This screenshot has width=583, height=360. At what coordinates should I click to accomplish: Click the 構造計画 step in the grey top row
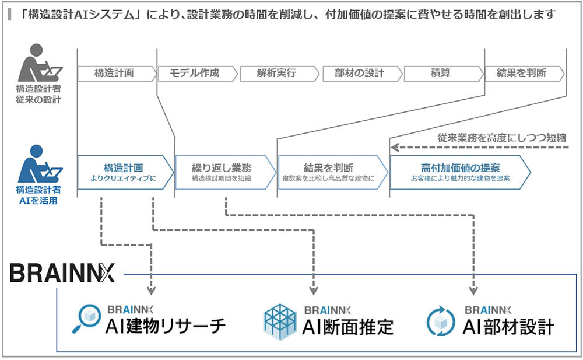114,74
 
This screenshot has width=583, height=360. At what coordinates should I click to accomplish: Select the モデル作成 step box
195,74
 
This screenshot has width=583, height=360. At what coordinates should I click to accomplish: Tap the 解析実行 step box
276,74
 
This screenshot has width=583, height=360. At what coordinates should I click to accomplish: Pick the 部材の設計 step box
359,74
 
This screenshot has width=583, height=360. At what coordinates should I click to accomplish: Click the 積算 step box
440,74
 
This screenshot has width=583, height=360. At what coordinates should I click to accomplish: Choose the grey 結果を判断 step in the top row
521,74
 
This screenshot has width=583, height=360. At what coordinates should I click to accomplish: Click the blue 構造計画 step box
124,172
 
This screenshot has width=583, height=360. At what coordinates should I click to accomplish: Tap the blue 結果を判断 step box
328,172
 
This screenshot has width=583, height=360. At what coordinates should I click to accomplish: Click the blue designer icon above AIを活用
38,164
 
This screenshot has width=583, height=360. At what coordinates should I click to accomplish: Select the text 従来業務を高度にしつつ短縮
501,138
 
